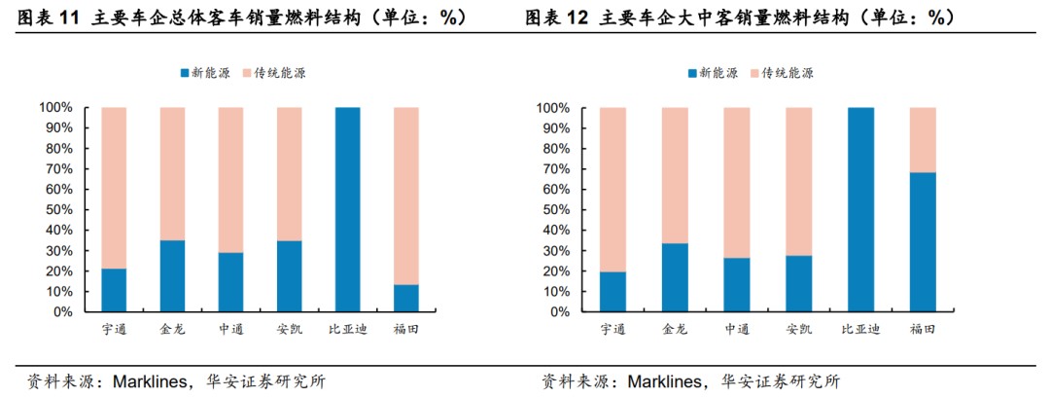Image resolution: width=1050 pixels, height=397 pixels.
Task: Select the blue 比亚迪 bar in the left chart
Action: coord(347,209)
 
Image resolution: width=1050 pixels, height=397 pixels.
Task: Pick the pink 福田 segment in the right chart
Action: coord(923,139)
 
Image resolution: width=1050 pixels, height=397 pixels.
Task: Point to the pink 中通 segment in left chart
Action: coord(230,179)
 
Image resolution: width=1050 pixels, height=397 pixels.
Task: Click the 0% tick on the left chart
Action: coord(63,312)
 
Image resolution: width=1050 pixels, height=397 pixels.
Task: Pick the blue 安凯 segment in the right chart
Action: coord(798,284)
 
